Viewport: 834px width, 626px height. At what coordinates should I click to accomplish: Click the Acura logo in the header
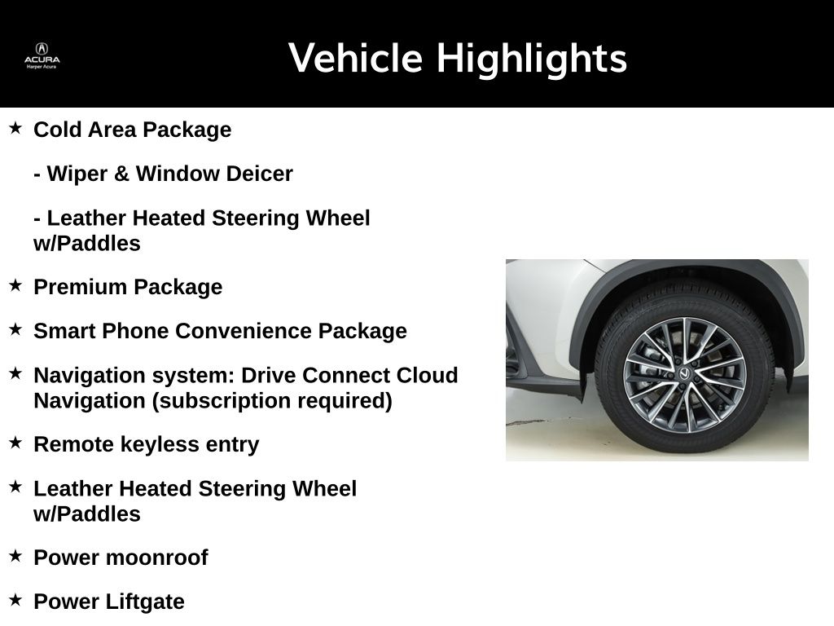coord(42,56)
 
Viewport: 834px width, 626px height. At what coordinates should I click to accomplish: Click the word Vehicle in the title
coord(355,58)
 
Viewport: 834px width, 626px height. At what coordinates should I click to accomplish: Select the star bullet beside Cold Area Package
coord(15,128)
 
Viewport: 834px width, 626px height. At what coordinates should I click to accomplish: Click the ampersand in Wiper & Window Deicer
coord(121,174)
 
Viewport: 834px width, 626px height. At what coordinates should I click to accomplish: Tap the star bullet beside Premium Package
coord(15,284)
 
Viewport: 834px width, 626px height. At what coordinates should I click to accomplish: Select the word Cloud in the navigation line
coord(427,375)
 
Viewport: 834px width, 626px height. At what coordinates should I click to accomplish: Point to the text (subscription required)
coord(272,401)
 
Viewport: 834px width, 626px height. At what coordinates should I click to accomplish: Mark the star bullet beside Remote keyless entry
coord(15,443)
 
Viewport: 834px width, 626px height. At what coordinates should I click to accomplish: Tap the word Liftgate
coord(145,602)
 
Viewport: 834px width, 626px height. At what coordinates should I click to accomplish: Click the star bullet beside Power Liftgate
coord(15,600)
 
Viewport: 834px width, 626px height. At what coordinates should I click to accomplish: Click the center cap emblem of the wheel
coord(684,374)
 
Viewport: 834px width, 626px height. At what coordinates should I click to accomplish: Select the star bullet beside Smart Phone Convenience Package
coord(15,329)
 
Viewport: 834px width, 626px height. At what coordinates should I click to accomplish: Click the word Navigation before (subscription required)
coord(90,401)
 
